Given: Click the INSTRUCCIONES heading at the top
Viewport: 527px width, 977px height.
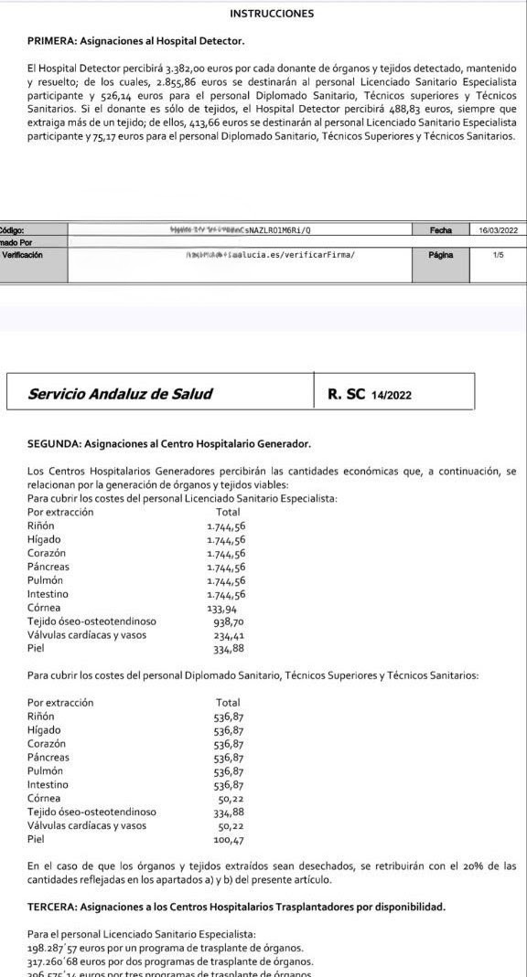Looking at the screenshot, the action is [272, 14].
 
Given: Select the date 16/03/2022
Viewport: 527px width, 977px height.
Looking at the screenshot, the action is [498, 230].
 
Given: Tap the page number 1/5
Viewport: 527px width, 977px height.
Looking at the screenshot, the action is [498, 256].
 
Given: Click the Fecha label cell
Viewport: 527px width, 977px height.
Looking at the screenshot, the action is [440, 230].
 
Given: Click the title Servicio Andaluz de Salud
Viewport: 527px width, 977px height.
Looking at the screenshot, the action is [121, 394].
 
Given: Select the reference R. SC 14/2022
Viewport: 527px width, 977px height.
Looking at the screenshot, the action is [370, 395].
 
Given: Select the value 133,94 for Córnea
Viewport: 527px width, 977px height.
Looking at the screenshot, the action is [222, 608].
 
